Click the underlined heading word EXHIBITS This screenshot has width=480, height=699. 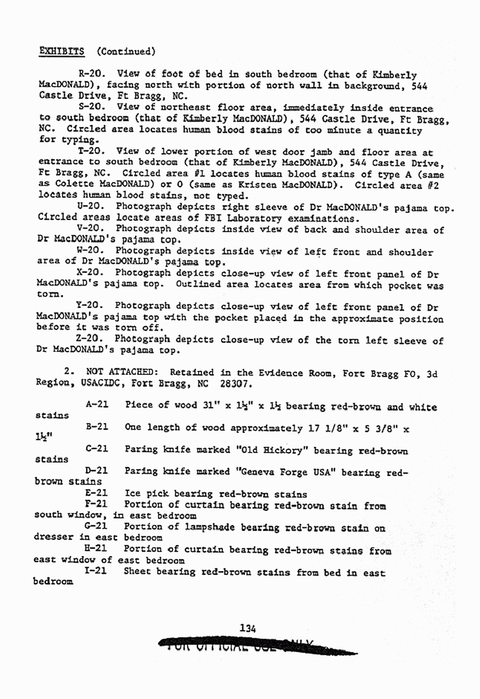[x=61, y=52]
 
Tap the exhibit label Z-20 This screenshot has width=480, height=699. [x=90, y=339]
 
